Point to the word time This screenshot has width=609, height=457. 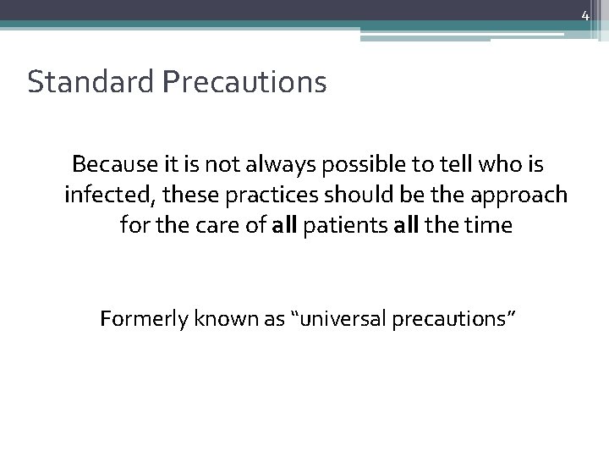(489, 226)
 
